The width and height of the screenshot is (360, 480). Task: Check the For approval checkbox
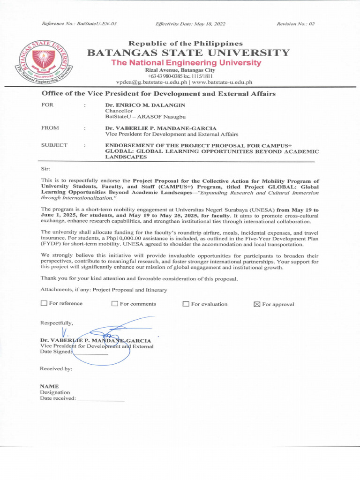pyautogui.click(x=256, y=304)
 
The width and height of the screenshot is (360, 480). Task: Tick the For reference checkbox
pyautogui.click(x=44, y=303)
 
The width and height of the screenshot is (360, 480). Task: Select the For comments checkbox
pyautogui.click(x=115, y=304)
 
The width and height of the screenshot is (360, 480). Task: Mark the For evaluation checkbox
pyautogui.click(x=186, y=304)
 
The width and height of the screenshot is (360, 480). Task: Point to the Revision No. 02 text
pyautogui.click(x=296, y=23)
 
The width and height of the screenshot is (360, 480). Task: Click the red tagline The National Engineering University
pyautogui.click(x=186, y=62)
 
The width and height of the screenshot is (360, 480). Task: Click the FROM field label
pyautogui.click(x=50, y=127)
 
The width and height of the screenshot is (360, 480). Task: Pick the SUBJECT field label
pyautogui.click(x=54, y=145)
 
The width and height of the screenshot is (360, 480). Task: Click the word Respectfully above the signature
pyautogui.click(x=57, y=323)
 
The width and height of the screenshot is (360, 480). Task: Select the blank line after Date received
pyautogui.click(x=101, y=400)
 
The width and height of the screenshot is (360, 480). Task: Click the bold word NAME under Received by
pyautogui.click(x=49, y=386)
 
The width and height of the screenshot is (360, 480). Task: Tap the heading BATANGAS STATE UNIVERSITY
pyautogui.click(x=188, y=52)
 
